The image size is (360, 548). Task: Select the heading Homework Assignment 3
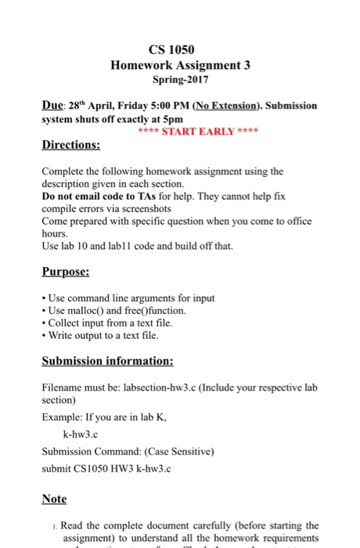(x=180, y=66)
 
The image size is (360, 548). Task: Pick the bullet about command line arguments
(x=131, y=297)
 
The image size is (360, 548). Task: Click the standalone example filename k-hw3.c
(x=81, y=433)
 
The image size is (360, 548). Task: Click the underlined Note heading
(x=54, y=499)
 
